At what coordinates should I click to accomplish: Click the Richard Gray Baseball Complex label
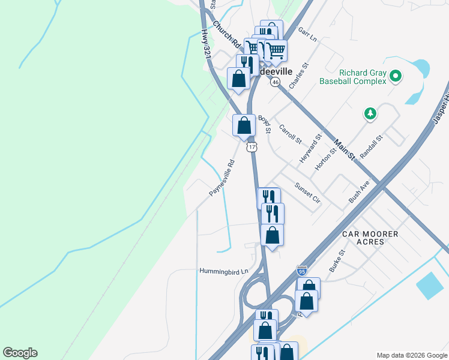352,76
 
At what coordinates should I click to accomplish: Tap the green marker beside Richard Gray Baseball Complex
395,76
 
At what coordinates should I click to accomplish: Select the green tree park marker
371,113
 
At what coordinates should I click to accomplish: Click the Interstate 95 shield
302,271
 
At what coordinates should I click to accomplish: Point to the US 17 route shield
252,146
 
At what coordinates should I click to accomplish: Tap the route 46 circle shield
275,82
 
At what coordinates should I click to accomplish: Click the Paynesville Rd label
221,177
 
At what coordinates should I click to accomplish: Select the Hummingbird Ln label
224,271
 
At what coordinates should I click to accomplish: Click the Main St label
345,150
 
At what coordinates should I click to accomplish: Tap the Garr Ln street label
307,35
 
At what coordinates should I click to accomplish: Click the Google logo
20,353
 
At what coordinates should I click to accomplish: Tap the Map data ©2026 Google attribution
412,355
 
